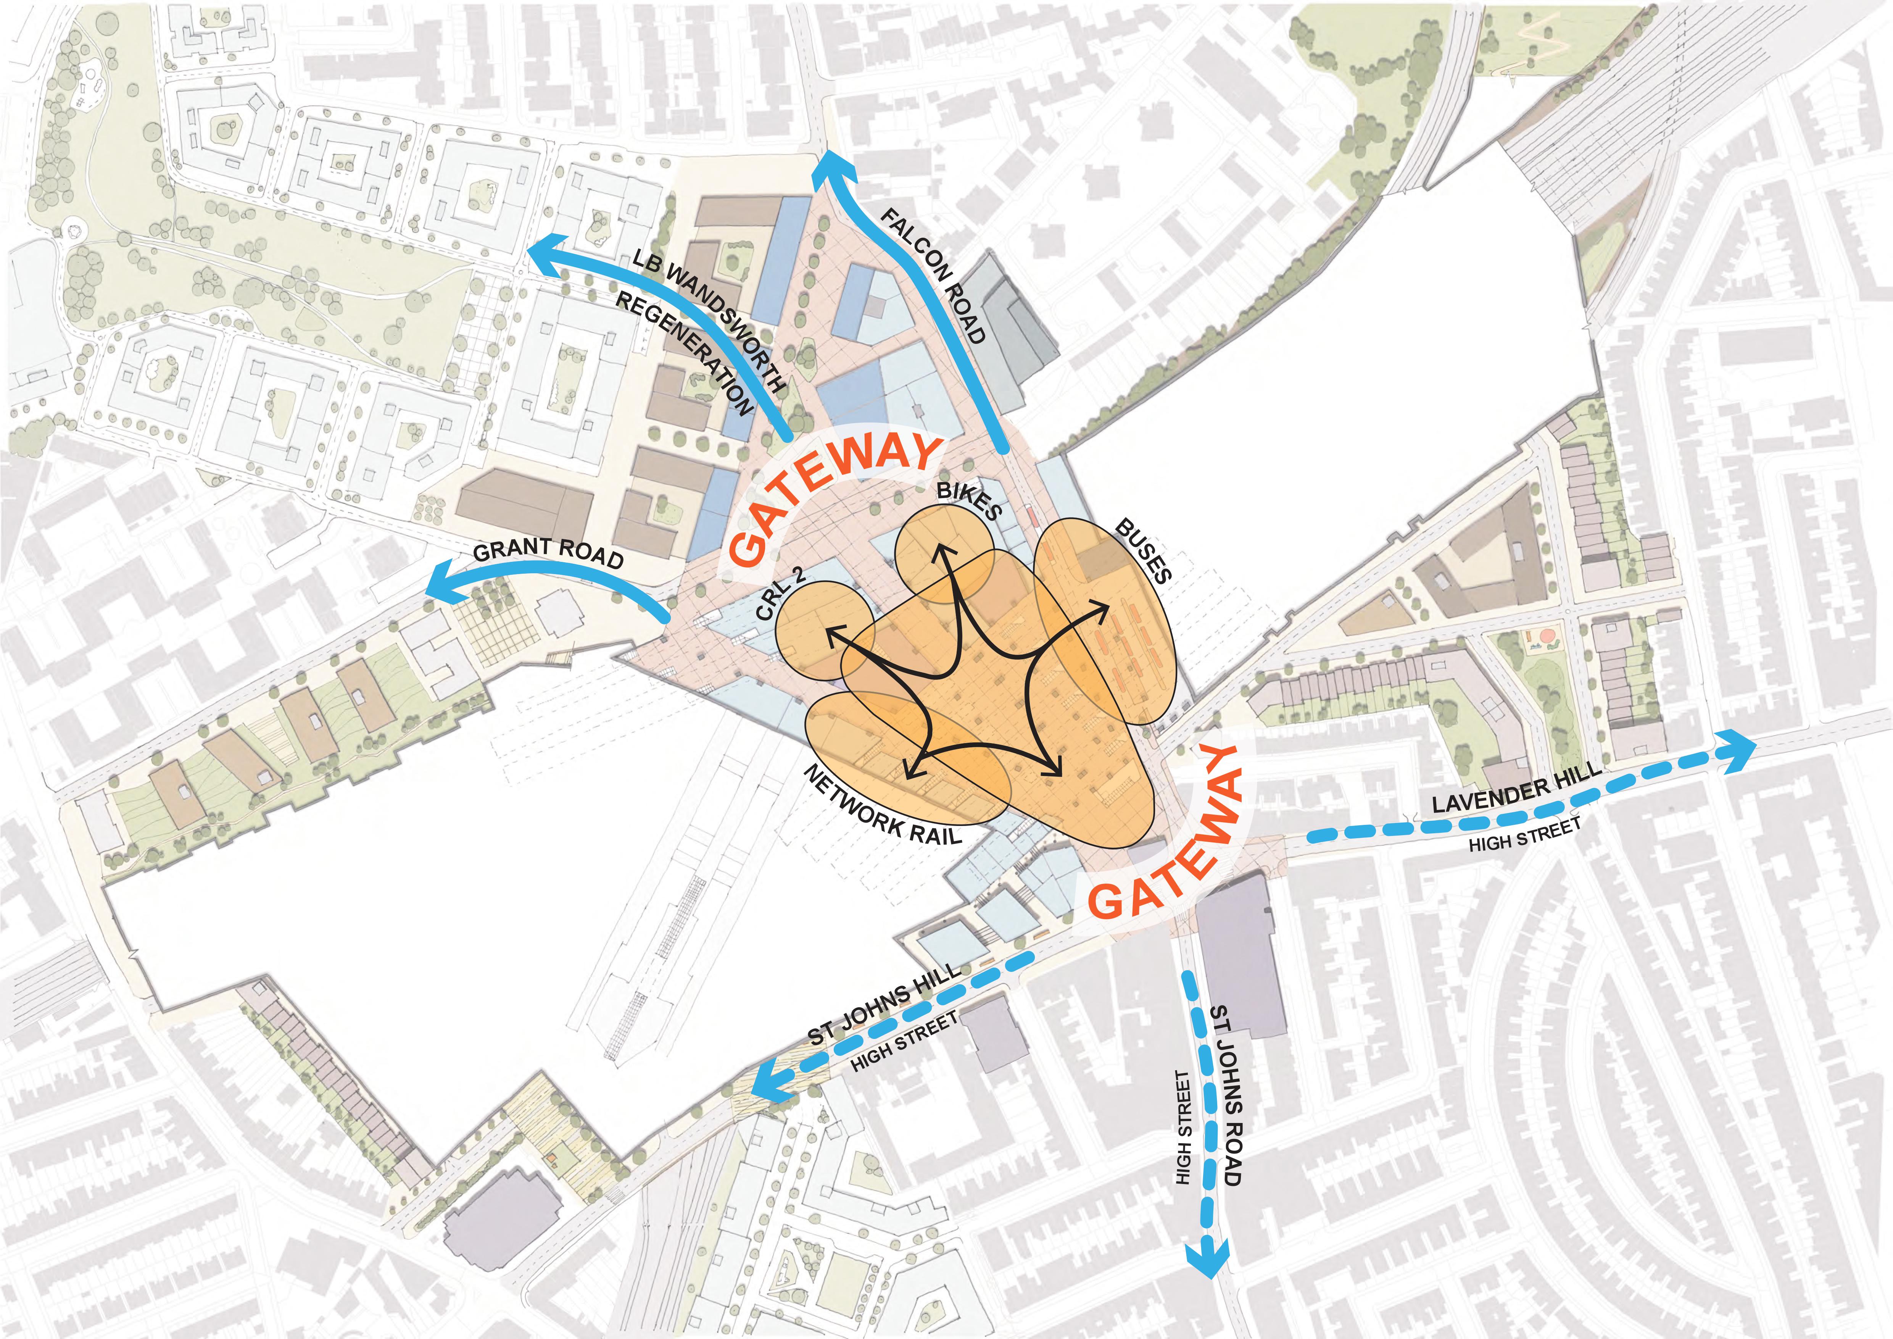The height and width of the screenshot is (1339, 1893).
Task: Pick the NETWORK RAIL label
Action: point(882,807)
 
